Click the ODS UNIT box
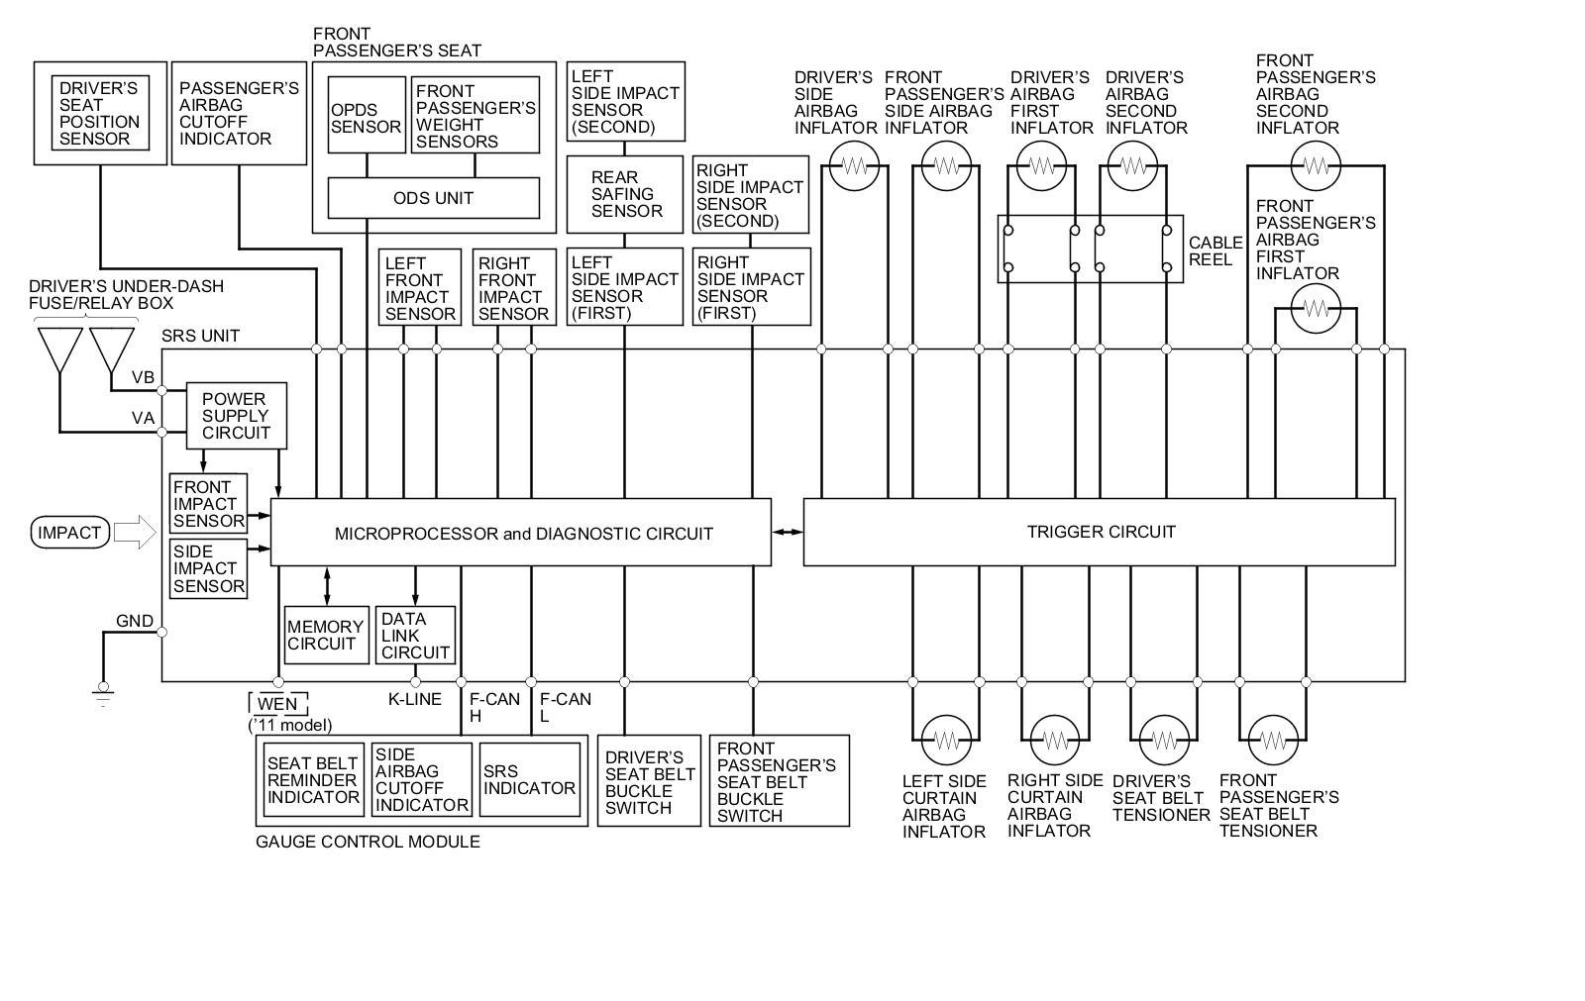click(433, 198)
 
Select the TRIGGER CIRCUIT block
click(1100, 532)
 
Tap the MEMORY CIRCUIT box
click(325, 635)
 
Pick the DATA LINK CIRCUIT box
click(415, 635)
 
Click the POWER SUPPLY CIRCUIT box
click(236, 416)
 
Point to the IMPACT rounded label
click(69, 533)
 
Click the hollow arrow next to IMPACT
click(135, 533)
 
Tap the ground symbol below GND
click(102, 693)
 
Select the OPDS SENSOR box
click(367, 115)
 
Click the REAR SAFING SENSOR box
click(624, 194)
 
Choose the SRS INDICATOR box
click(529, 780)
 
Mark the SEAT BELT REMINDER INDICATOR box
click(313, 780)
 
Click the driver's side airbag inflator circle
click(854, 166)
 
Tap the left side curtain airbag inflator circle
click(946, 739)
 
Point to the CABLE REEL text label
click(1215, 250)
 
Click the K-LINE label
click(414, 699)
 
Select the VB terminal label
click(143, 378)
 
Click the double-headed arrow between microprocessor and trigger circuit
click(788, 533)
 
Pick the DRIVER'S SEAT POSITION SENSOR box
click(100, 113)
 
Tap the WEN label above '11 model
click(277, 704)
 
